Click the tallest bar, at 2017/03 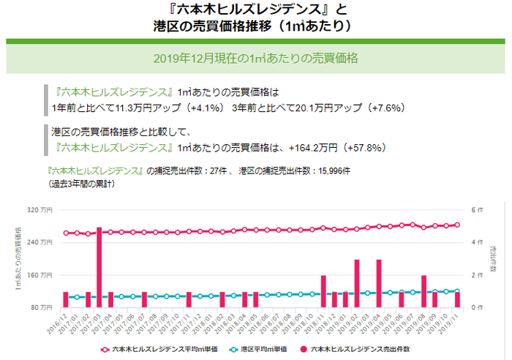(99, 267)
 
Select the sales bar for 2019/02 (357, 283)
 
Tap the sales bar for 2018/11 (323, 291)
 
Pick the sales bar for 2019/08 (423, 291)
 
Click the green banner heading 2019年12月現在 (255, 57)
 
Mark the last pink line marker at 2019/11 (457, 225)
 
